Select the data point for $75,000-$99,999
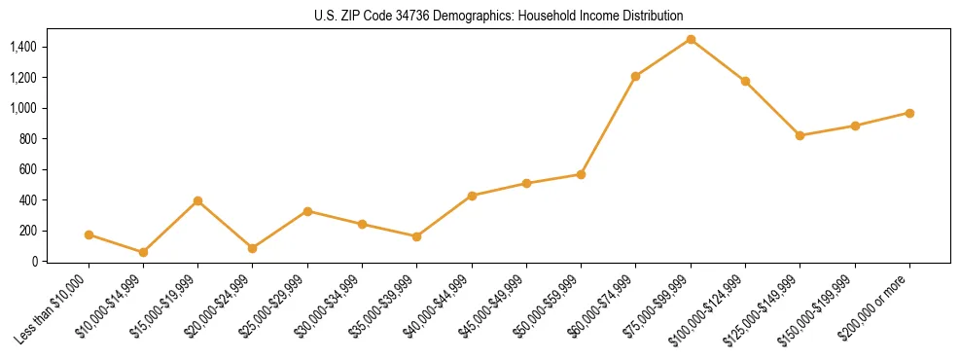pyautogui.click(x=691, y=39)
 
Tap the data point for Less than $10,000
pyautogui.click(x=89, y=234)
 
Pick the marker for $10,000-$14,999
pyautogui.click(x=144, y=252)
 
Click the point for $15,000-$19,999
pyautogui.click(x=198, y=200)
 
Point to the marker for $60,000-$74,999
pyautogui.click(x=635, y=76)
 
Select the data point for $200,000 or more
pyautogui.click(x=909, y=113)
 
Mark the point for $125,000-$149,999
pyautogui.click(x=800, y=135)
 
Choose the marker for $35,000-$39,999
pyautogui.click(x=417, y=236)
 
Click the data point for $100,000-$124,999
pyautogui.click(x=745, y=81)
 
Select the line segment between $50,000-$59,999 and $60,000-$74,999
pyautogui.click(x=608, y=126)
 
